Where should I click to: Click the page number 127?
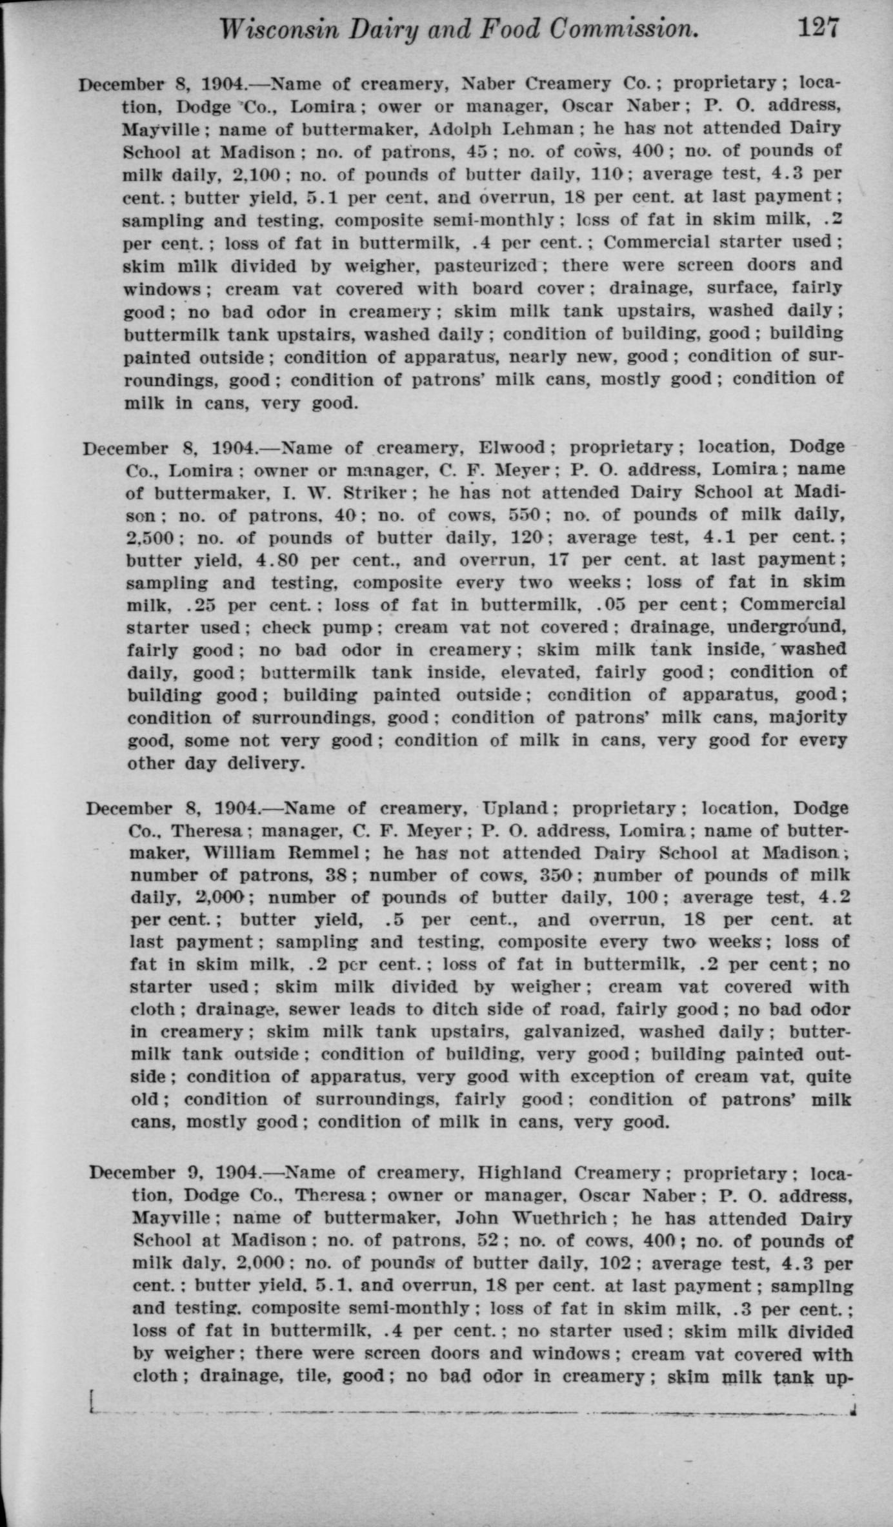click(819, 28)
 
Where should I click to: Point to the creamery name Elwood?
click(512, 447)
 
